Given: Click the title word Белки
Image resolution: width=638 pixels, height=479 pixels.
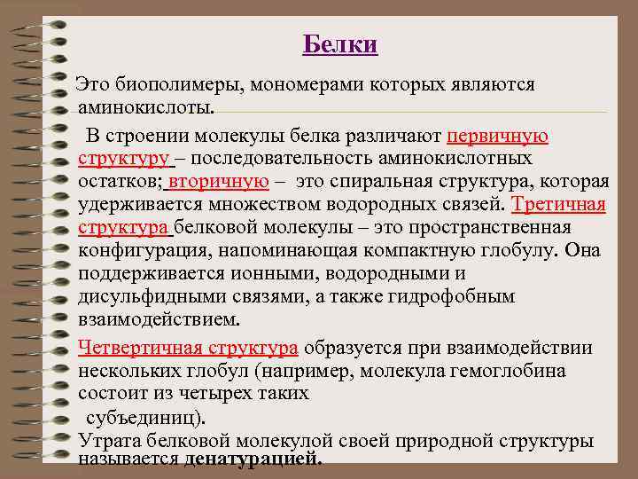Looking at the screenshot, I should point(340,44).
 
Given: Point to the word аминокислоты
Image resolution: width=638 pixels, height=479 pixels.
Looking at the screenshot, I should point(145,108).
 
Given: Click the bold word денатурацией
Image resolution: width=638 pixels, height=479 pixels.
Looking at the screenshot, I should point(253,459).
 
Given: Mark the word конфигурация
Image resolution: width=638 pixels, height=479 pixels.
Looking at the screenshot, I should point(136,250).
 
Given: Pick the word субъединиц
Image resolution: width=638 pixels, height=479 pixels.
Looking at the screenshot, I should point(143,416).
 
